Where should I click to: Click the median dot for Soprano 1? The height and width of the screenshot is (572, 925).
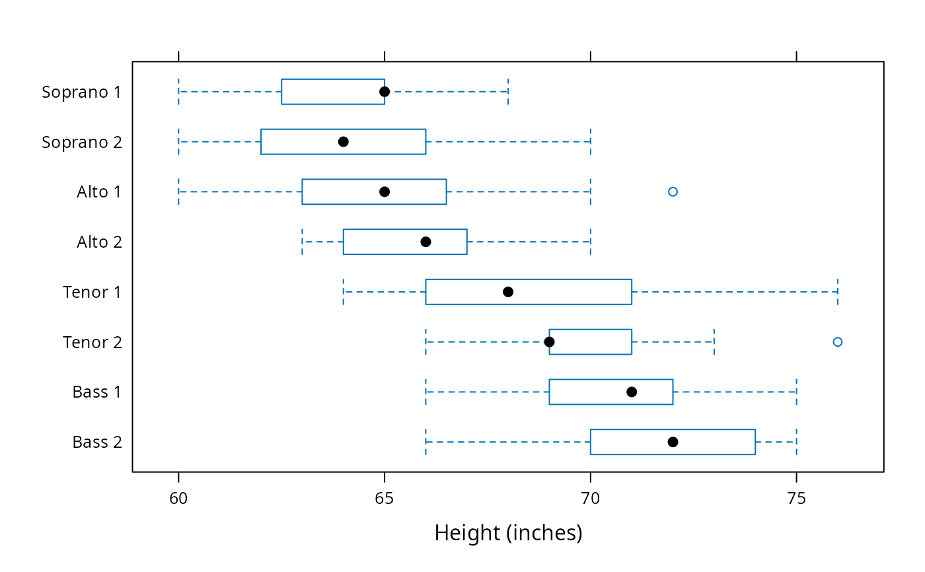(385, 92)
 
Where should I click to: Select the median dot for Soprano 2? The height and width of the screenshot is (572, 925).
(343, 141)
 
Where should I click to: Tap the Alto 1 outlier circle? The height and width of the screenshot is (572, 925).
(673, 192)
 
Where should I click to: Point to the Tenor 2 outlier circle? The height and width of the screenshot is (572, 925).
(838, 341)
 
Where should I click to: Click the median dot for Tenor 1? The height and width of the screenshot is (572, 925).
(508, 292)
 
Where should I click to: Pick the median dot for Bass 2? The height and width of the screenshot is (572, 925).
(673, 442)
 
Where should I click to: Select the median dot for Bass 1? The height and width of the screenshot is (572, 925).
(632, 392)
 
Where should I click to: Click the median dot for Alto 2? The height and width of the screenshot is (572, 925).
(425, 242)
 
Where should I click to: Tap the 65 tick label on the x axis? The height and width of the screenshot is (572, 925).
(384, 499)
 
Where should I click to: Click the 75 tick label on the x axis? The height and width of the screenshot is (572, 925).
(796, 499)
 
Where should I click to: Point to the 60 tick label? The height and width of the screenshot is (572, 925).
(178, 499)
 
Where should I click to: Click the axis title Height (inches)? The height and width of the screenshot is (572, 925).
(508, 533)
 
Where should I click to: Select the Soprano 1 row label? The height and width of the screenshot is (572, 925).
(81, 92)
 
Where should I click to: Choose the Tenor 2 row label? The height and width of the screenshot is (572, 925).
(92, 341)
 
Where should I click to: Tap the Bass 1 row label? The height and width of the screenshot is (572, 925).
(96, 392)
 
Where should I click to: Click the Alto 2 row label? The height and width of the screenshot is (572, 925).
(99, 242)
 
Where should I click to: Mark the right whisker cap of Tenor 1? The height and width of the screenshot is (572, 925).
(838, 292)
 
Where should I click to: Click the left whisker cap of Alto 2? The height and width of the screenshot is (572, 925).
(303, 242)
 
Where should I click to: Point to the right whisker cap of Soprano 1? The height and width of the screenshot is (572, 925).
(508, 92)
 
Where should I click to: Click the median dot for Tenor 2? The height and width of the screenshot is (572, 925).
(549, 341)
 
